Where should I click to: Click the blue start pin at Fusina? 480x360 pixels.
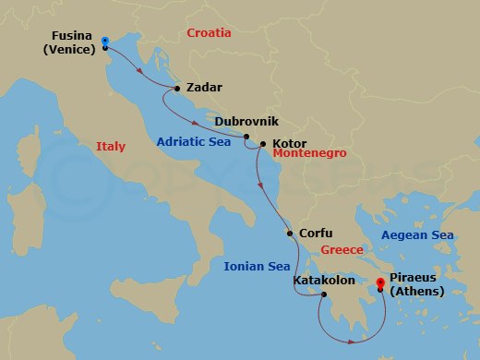pos(105,42)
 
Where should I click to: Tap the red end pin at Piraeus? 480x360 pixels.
pos(379,283)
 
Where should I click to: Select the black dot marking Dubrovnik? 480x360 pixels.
pos(246,137)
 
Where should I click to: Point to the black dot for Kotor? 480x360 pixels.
pos(263,144)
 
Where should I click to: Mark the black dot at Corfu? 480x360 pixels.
pos(291,234)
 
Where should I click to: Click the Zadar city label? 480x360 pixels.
pos(204,88)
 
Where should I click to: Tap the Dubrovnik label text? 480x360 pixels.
pos(246,121)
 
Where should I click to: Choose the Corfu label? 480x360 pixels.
pos(316,234)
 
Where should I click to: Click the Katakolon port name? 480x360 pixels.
pos(323,279)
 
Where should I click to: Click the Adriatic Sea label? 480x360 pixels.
pos(195,142)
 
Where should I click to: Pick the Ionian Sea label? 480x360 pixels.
pos(257,267)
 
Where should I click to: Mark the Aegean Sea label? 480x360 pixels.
pos(417,235)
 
